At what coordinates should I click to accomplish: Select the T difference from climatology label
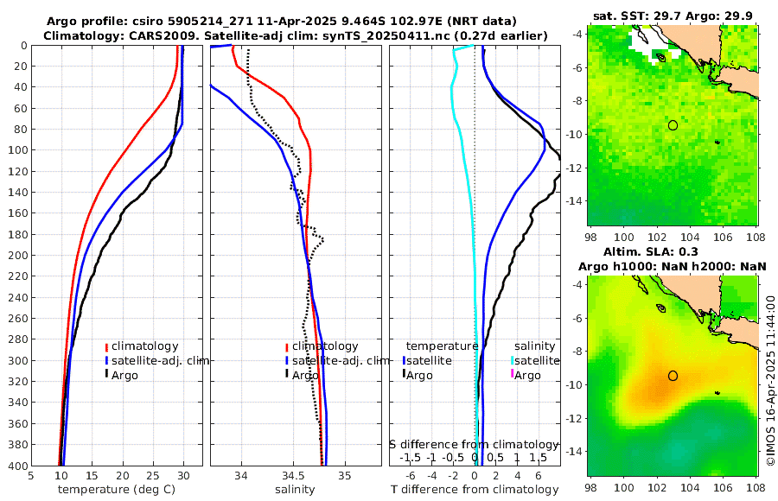(475, 490)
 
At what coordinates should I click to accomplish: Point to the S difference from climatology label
(475, 443)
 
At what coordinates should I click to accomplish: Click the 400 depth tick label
(15, 466)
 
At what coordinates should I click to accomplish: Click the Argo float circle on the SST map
(673, 125)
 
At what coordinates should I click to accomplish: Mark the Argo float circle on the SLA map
(673, 376)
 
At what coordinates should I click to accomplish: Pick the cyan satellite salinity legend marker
(512, 360)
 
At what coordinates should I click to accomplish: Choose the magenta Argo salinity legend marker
(512, 375)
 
